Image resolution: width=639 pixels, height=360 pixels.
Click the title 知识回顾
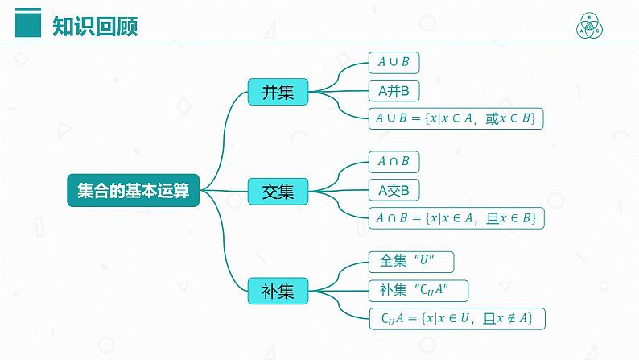(95, 27)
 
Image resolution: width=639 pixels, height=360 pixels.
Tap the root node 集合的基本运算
(133, 191)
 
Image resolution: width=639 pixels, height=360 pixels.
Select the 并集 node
(278, 91)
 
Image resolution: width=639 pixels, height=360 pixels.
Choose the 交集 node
(278, 191)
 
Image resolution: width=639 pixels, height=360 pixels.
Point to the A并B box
(394, 90)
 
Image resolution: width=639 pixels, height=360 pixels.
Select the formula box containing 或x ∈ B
(456, 118)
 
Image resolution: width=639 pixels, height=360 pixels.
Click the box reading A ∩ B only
(394, 162)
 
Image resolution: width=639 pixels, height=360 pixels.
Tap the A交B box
(394, 190)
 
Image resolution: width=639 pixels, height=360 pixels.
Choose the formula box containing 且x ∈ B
(456, 217)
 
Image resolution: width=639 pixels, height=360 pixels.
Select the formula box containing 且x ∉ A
(456, 317)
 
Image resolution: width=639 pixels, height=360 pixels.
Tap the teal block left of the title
(30, 26)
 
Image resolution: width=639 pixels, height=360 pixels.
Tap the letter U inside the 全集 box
(435, 262)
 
